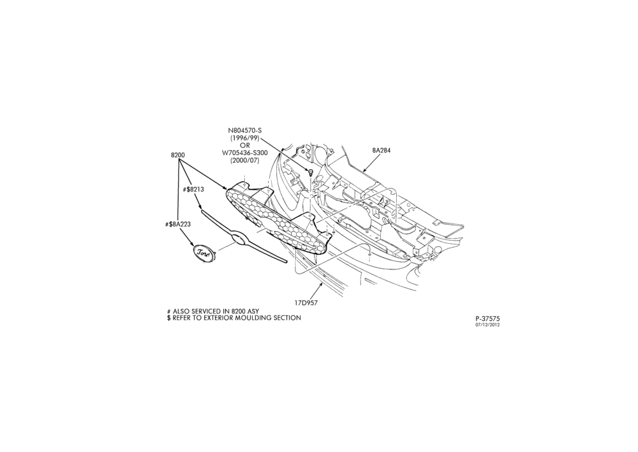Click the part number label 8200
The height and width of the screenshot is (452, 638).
click(178, 155)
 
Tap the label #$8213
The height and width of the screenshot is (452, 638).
click(193, 190)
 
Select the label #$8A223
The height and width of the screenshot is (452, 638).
click(178, 224)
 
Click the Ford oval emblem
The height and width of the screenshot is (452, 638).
click(203, 253)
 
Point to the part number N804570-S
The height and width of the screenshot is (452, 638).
click(245, 130)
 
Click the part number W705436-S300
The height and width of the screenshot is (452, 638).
click(245, 153)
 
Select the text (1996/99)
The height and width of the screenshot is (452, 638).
click(245, 138)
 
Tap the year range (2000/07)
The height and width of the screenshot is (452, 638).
click(245, 160)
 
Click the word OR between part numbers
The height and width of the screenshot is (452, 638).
click(245, 145)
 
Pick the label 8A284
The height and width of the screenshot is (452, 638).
click(382, 150)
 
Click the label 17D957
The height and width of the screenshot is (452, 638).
click(306, 303)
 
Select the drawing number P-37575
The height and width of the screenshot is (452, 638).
click(487, 319)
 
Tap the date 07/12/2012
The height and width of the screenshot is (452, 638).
click(487, 324)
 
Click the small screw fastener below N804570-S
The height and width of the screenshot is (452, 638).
click(311, 172)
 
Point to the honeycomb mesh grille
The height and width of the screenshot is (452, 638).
click(276, 222)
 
